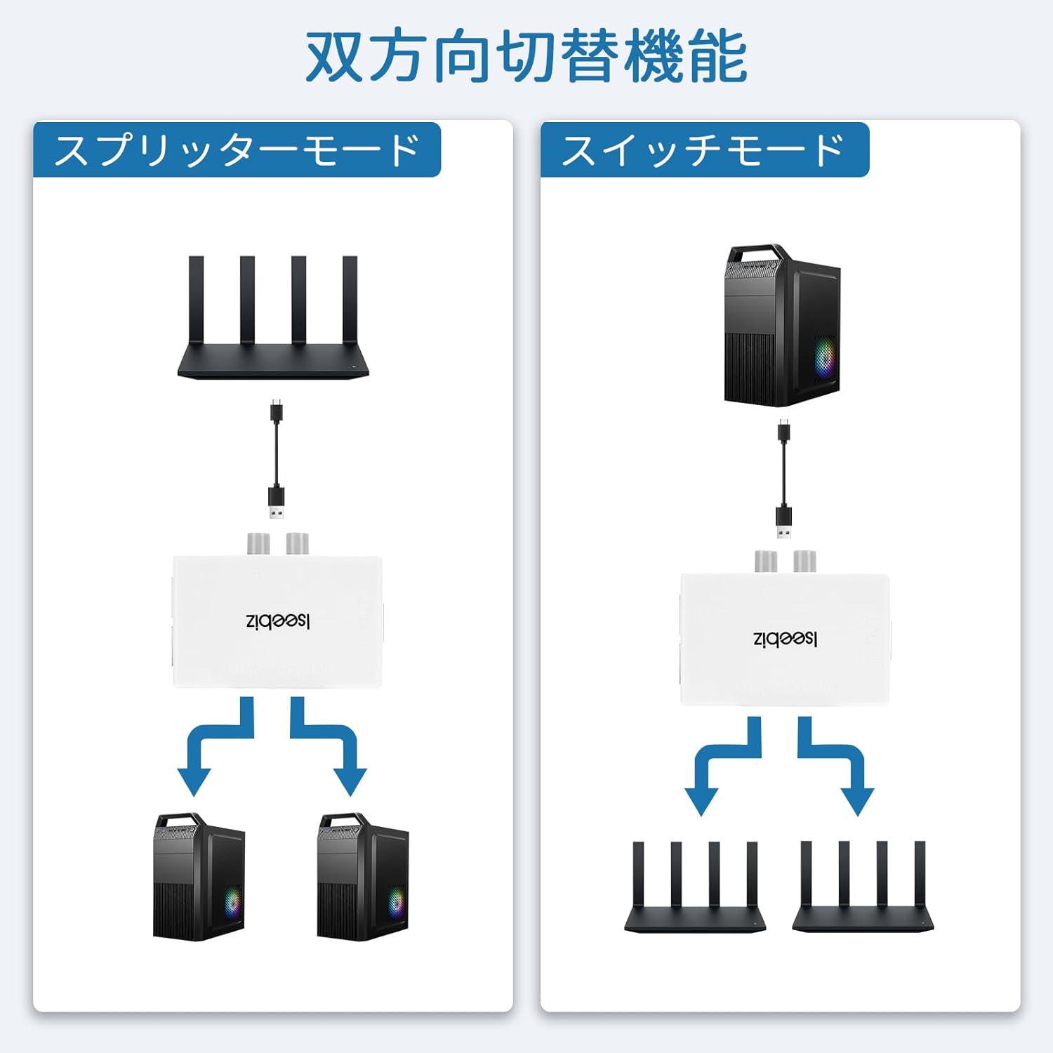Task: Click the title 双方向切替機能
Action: coord(526,56)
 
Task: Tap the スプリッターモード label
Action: coord(237,150)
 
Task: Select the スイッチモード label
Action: coord(703,150)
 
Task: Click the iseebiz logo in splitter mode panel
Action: coord(278,621)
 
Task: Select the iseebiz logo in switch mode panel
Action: coord(785,640)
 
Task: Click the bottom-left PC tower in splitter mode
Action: coord(199,877)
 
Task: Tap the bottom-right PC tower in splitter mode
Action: coord(362,877)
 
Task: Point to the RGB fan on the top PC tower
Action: coord(826,357)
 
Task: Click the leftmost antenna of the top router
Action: coord(196,300)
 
